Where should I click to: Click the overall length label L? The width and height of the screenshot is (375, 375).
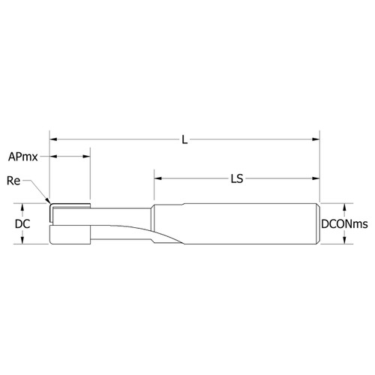pos(184,139)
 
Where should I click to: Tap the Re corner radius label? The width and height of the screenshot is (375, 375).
pos(13,181)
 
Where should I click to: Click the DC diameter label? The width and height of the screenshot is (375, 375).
pos(23,223)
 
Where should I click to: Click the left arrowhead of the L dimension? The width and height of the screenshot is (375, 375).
pos(54,139)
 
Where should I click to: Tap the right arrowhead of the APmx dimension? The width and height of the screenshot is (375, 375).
pos(87,157)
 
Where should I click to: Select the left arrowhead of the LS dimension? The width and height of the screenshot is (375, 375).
pos(159,178)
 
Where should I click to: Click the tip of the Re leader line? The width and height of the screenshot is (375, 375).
pos(49,202)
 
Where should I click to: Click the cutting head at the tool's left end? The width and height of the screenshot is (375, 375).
pos(70,223)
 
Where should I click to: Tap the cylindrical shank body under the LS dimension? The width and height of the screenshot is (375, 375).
pos(240,223)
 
